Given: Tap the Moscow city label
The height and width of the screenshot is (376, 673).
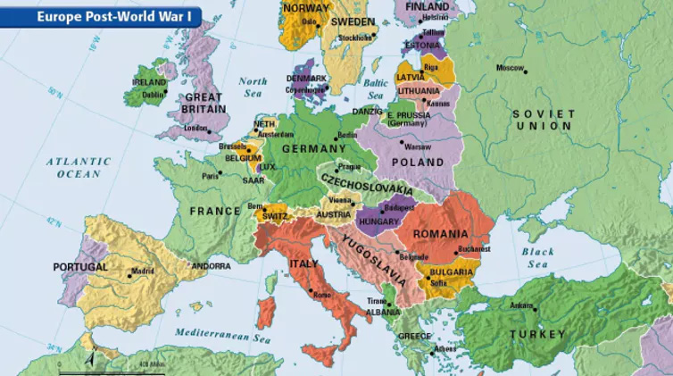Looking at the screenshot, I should [510, 68].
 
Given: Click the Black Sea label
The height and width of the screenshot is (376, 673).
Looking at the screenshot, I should [537, 258].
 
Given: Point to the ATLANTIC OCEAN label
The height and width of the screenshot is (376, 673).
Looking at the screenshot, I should [79, 168].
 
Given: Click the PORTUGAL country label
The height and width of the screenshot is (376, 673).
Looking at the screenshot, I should [79, 266].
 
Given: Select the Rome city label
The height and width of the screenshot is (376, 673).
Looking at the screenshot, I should [322, 295].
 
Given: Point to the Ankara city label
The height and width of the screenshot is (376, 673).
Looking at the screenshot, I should [521, 305].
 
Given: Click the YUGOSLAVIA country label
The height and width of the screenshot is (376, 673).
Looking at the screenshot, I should [374, 255].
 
